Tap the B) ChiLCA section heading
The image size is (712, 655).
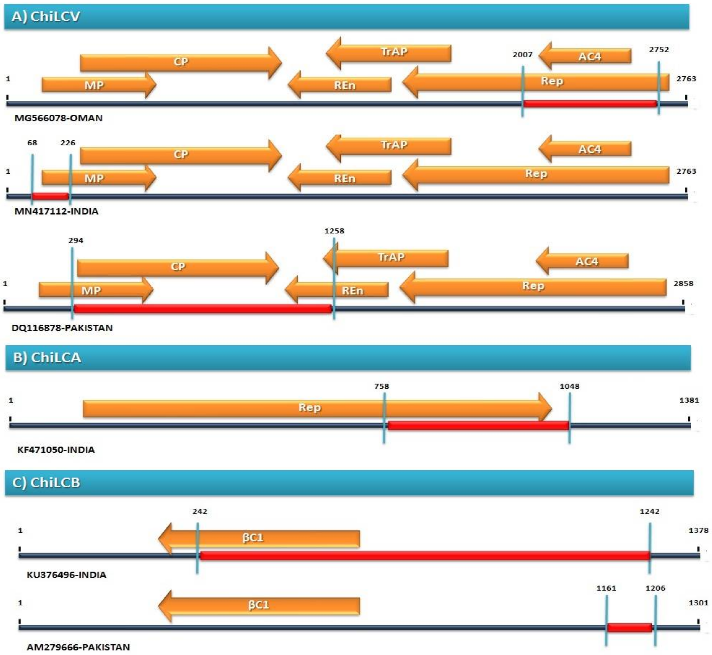47,358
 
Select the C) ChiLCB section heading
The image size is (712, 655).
46,482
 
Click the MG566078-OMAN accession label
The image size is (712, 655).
58,118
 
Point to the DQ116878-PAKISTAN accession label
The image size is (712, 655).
62,328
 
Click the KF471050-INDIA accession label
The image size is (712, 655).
56,450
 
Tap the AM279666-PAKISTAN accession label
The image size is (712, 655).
78,647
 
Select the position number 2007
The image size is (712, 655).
522,55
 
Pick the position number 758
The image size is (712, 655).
382,386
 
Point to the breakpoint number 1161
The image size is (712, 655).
606,588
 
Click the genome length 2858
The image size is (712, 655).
683,284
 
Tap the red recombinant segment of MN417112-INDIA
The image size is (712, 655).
50,196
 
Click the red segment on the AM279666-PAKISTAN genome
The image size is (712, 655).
629,628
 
